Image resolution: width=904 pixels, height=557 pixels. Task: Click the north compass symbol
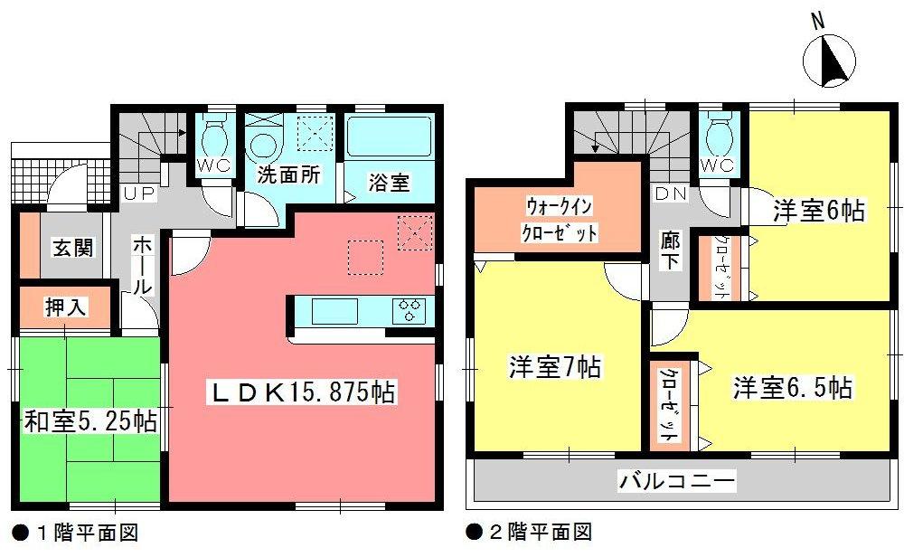click(829, 61)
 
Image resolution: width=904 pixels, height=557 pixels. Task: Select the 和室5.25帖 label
click(89, 420)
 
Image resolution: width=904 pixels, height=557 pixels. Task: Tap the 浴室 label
click(390, 182)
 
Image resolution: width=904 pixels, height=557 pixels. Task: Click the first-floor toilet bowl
click(214, 141)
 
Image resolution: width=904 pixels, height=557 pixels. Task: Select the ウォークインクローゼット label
click(560, 220)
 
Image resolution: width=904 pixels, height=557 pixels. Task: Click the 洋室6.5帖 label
click(792, 389)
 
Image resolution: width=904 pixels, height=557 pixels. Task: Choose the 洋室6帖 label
click(819, 212)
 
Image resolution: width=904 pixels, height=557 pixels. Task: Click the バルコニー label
click(677, 480)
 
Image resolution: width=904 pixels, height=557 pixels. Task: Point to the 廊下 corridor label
click(670, 254)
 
